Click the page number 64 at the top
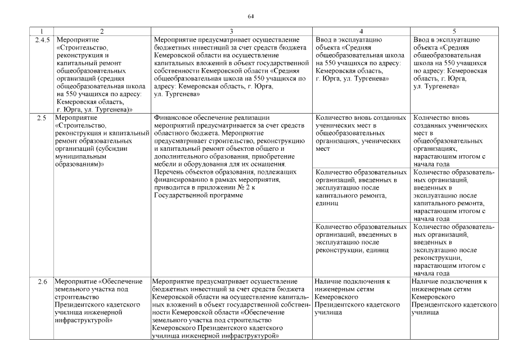click(251, 16)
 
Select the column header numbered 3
click(232, 30)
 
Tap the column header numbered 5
click(454, 30)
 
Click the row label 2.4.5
click(41, 40)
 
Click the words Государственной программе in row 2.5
click(191, 195)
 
